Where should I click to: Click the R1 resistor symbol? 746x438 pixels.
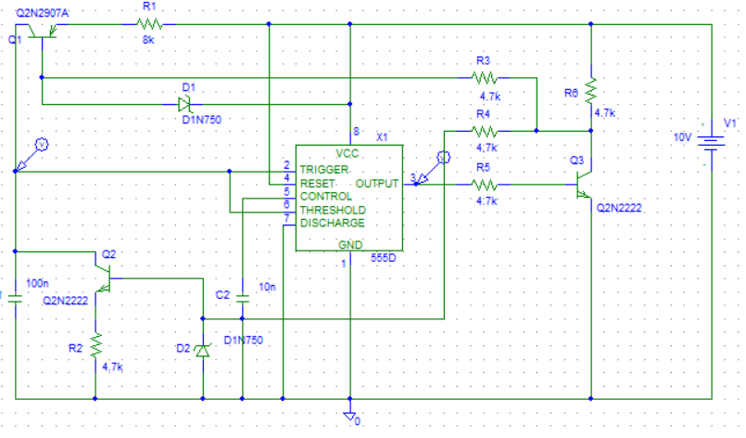pyautogui.click(x=149, y=24)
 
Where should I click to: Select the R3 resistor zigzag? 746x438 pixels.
pyautogui.click(x=485, y=77)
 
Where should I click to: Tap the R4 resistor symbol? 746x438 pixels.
pyautogui.click(x=485, y=131)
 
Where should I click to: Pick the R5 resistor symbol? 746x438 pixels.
pyautogui.click(x=485, y=185)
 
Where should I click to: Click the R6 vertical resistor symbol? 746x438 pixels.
pyautogui.click(x=591, y=92)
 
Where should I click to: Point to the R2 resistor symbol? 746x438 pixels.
pyautogui.click(x=95, y=345)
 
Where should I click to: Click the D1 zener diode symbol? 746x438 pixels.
pyautogui.click(x=184, y=104)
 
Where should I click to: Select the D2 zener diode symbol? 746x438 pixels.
pyautogui.click(x=203, y=351)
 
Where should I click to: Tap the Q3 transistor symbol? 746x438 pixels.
pyautogui.click(x=584, y=185)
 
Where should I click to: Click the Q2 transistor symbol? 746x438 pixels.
pyautogui.click(x=102, y=278)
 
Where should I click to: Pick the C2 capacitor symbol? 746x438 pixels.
pyautogui.click(x=243, y=299)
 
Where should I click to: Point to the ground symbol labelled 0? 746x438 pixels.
pyautogui.click(x=349, y=417)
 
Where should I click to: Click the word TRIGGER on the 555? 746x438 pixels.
pyautogui.click(x=324, y=170)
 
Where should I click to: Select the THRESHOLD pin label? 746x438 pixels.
pyautogui.click(x=333, y=210)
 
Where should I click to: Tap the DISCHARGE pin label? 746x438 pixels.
pyautogui.click(x=332, y=223)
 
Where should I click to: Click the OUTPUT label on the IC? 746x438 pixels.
pyautogui.click(x=376, y=184)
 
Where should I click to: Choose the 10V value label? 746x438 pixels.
pyautogui.click(x=682, y=137)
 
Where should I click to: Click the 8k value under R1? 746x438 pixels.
pyautogui.click(x=148, y=40)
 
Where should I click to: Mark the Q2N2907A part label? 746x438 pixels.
pyautogui.click(x=43, y=13)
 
